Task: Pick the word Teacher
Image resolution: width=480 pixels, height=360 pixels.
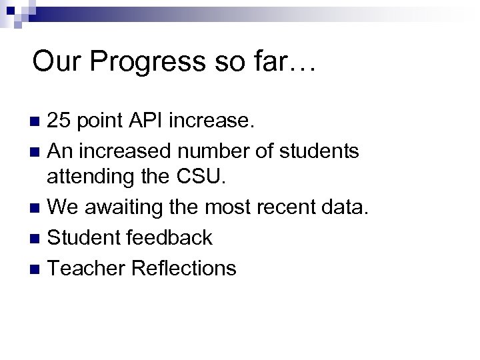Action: (87, 267)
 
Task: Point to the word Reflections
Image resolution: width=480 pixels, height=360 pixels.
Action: (184, 267)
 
